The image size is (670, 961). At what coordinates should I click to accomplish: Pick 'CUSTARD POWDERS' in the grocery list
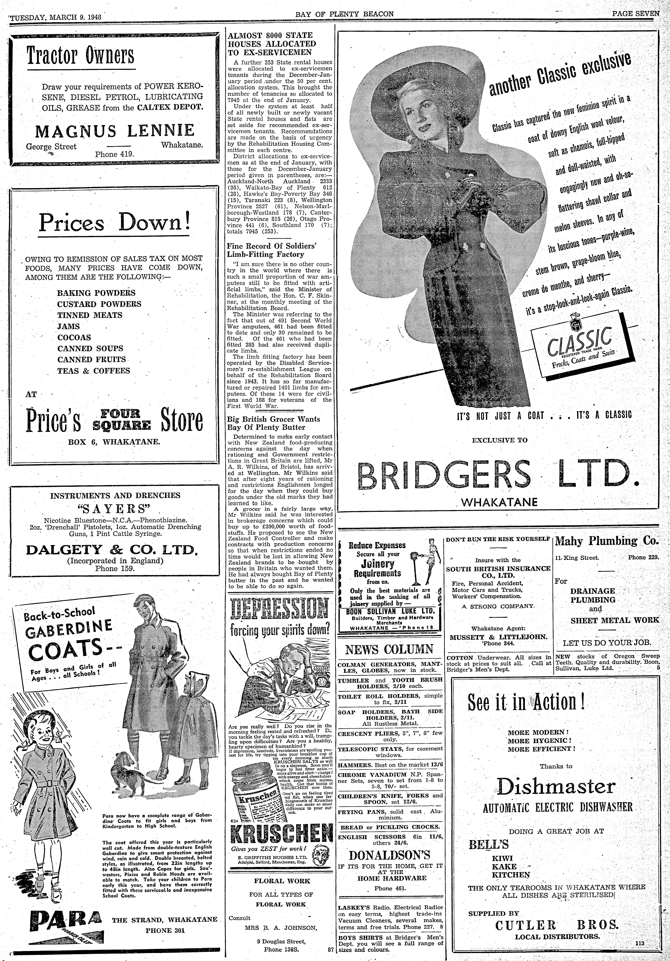tap(99, 304)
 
